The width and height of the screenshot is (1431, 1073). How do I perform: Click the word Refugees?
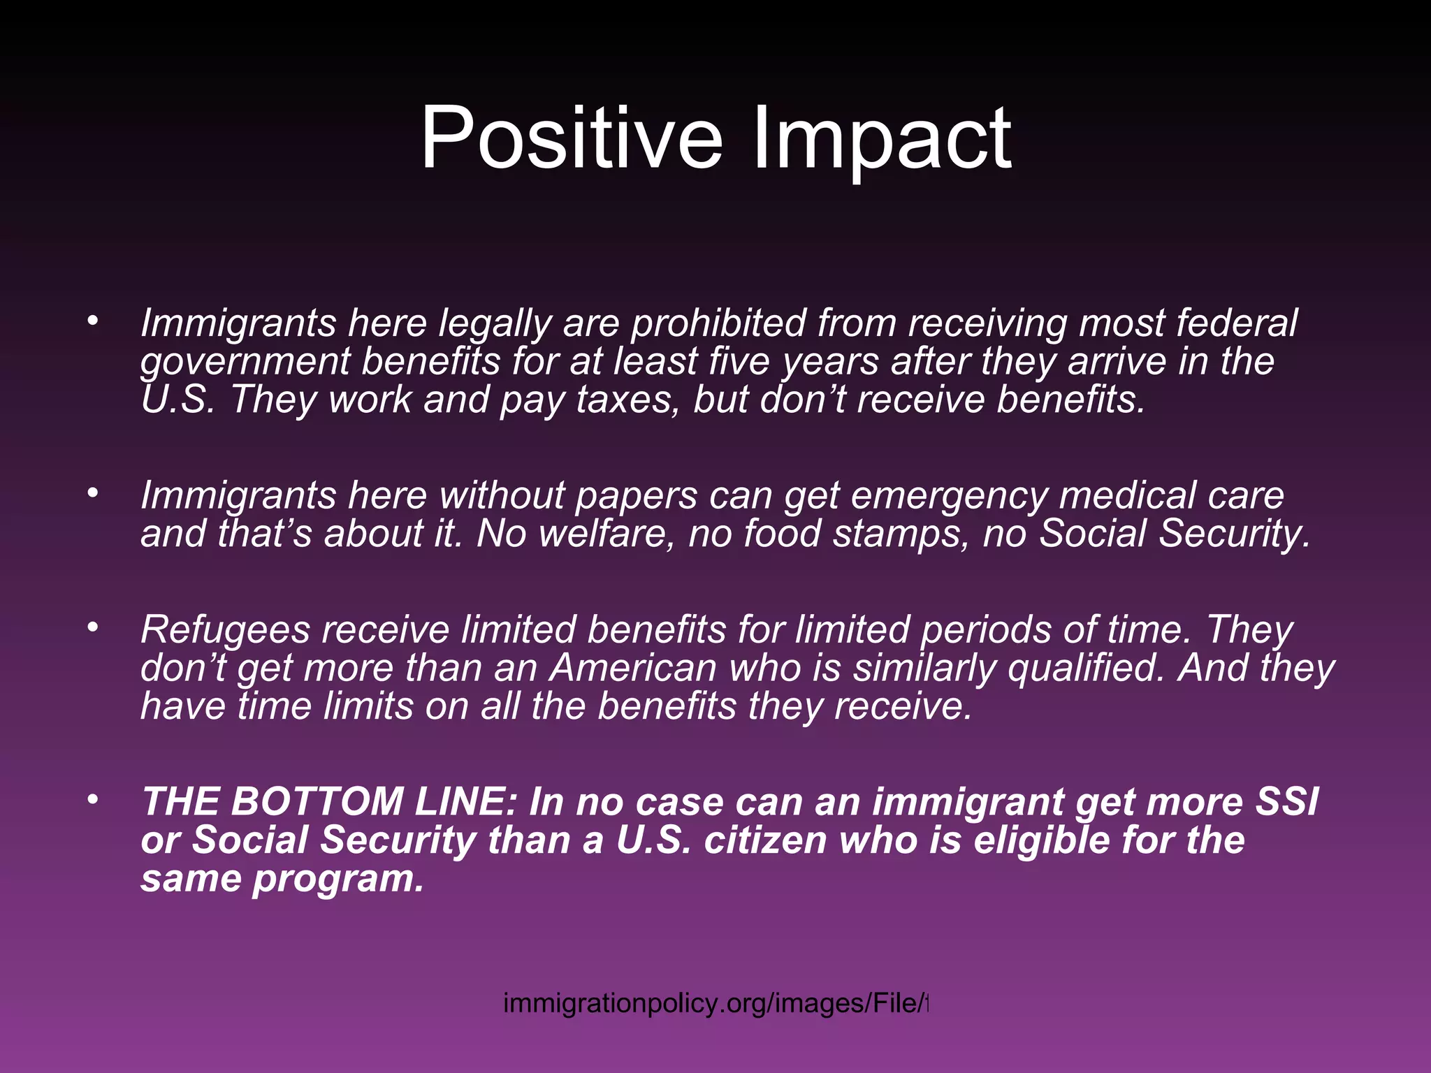coord(225,630)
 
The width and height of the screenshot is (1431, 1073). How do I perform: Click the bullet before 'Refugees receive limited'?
coord(92,627)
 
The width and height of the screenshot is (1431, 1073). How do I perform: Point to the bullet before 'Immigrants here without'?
coord(92,492)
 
